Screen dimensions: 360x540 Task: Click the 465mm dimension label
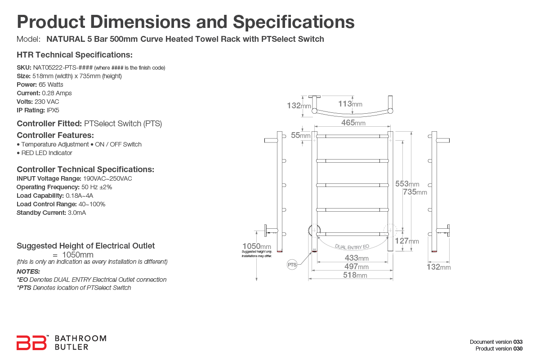coord(353,122)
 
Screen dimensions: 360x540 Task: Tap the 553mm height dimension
coord(407,184)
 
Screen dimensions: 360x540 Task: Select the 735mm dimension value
coord(415,192)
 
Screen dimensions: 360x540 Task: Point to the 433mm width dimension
coord(357,258)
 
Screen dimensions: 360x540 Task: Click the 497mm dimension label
coord(357,267)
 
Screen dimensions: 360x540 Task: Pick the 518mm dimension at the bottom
coord(355,275)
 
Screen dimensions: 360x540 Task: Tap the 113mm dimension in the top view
coord(350,104)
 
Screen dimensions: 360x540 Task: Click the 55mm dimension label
coord(300,135)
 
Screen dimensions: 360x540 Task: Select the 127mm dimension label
coord(406,241)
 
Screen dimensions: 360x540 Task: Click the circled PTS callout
coord(292,265)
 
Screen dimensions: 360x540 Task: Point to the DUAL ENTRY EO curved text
coord(352,246)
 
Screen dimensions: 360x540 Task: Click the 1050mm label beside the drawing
coord(257,246)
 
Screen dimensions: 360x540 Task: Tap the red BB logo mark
coord(31,342)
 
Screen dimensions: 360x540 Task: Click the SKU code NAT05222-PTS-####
coord(62,67)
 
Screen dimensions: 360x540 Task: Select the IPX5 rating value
coord(53,110)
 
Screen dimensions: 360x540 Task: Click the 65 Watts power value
coord(51,84)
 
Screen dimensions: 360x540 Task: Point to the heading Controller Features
coord(55,135)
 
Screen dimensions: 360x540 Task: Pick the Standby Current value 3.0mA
coord(76,213)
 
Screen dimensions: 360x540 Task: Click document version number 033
coord(518,342)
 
